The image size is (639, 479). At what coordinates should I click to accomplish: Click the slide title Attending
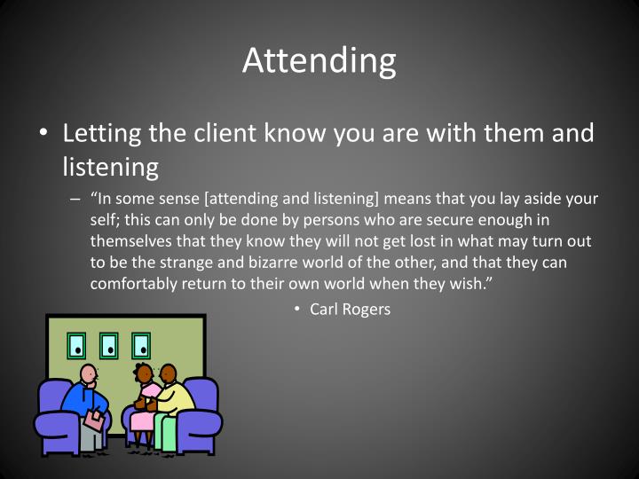point(319,60)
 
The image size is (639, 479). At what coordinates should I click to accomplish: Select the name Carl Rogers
point(350,309)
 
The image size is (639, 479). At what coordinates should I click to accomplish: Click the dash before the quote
point(76,199)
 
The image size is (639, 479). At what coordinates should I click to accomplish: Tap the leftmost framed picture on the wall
point(77,344)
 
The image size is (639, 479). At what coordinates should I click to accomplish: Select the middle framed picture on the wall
point(108,344)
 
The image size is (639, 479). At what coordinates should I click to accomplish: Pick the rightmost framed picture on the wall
point(140,344)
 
